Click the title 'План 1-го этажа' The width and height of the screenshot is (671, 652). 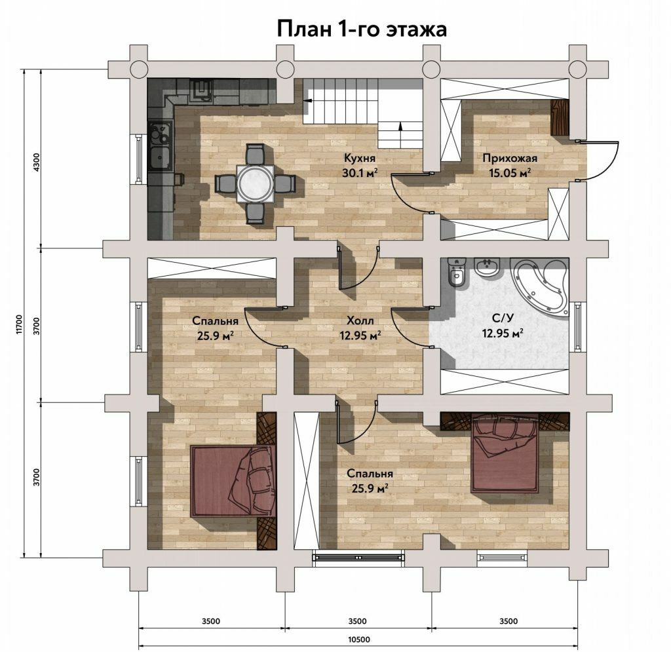point(362,29)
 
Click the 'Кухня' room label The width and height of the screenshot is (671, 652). point(360,158)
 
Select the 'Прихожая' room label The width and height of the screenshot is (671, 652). point(510,159)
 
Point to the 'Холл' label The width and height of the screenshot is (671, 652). point(360,320)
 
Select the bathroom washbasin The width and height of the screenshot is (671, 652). point(488,267)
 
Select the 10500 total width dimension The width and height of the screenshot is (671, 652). point(358,640)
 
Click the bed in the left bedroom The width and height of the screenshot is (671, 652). point(233,481)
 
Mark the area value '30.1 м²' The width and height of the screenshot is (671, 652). point(360,173)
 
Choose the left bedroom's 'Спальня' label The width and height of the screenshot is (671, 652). point(215,320)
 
